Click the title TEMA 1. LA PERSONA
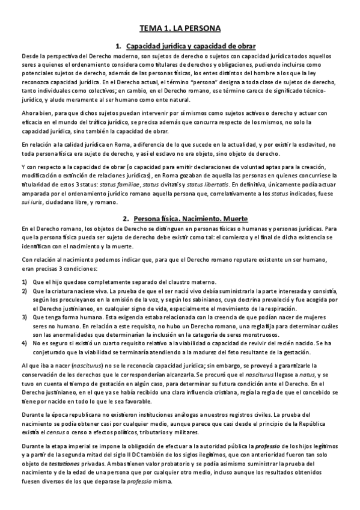point(180,28)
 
